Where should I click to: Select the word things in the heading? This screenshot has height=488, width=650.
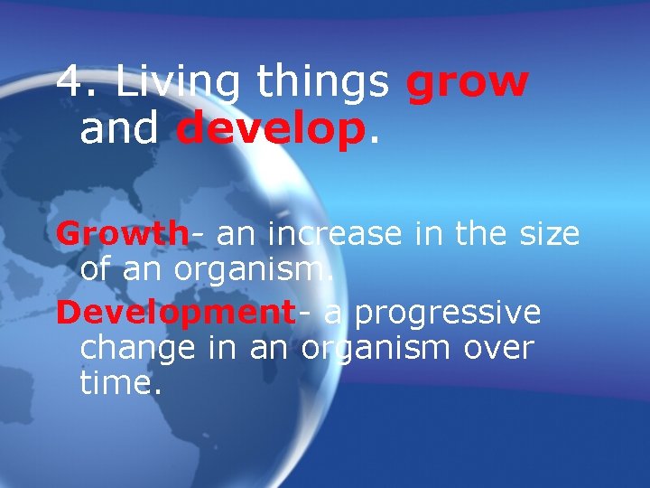coord(323,84)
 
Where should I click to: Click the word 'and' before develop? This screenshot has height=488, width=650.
coord(121,129)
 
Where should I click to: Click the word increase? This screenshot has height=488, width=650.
coord(339,234)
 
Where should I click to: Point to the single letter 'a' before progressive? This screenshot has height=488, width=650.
coord(332,314)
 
